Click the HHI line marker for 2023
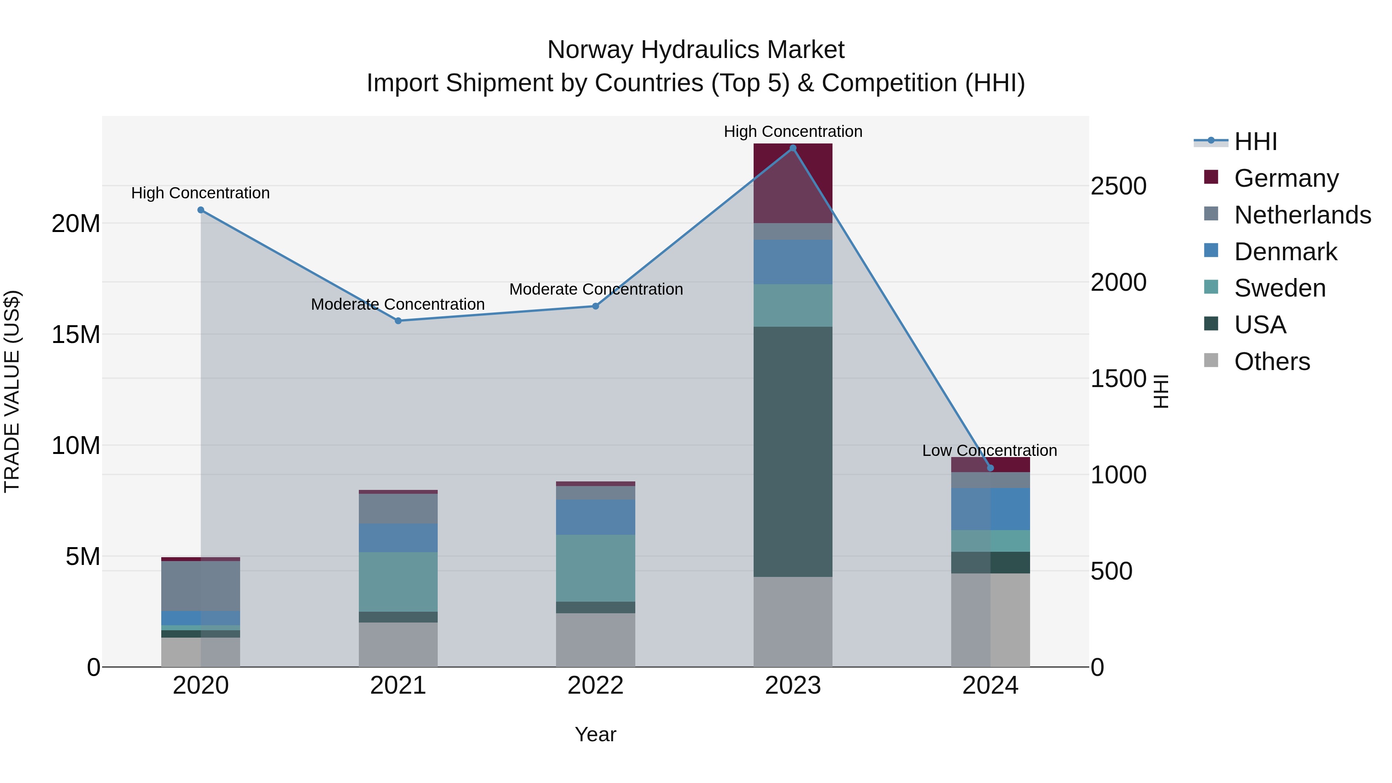click(x=793, y=148)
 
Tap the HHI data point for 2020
click(x=200, y=210)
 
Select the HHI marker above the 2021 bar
click(x=398, y=321)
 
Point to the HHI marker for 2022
click(x=595, y=306)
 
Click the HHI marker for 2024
click(x=990, y=468)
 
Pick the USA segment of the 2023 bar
click(x=793, y=451)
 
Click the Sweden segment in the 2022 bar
click(x=595, y=568)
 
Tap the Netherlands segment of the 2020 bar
click(x=200, y=586)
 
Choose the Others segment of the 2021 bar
click(x=398, y=644)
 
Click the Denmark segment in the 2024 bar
click(x=990, y=508)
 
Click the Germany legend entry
click(x=1286, y=178)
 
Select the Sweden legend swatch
click(x=1211, y=287)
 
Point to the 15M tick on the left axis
click(x=76, y=334)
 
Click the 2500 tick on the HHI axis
click(x=1118, y=186)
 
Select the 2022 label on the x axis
click(x=595, y=686)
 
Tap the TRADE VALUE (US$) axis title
click(x=12, y=391)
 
